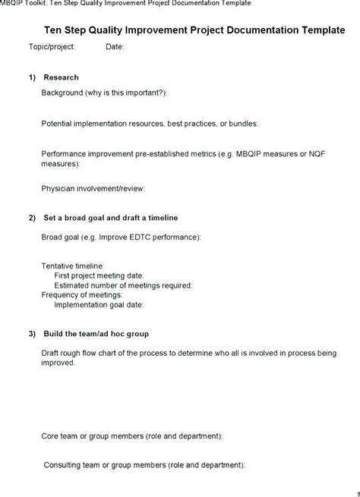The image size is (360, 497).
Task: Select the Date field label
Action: point(115,46)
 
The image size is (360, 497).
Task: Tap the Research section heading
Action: point(62,77)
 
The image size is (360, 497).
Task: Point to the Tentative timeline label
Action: point(73,266)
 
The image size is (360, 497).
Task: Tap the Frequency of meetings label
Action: point(82,295)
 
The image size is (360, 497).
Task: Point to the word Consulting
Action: point(63,464)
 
